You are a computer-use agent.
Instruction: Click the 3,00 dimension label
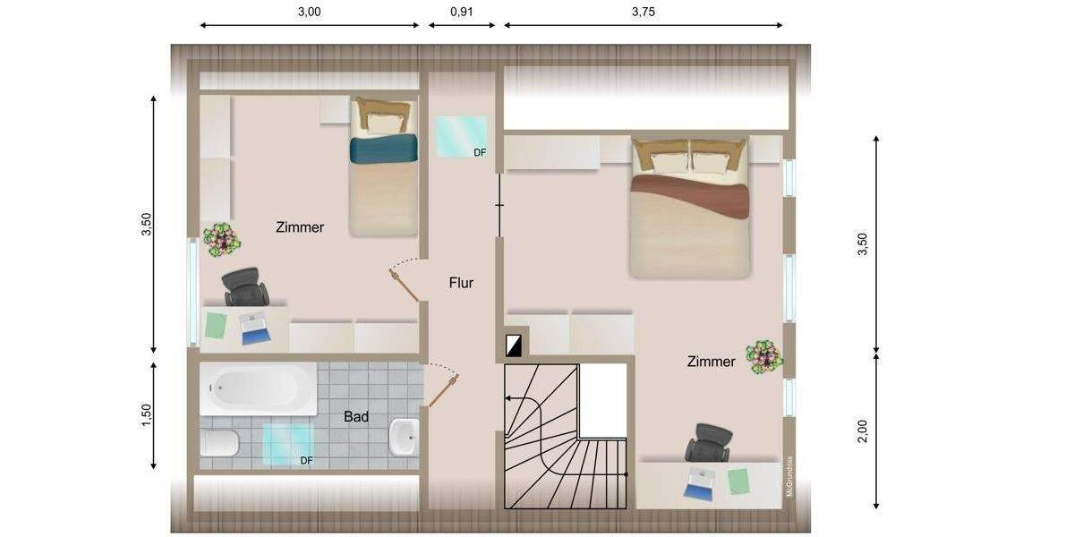pyautogui.click(x=309, y=12)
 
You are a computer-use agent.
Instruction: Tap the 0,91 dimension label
pyautogui.click(x=462, y=12)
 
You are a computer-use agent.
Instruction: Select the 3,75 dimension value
pyautogui.click(x=643, y=12)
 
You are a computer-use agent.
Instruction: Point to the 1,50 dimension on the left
pyautogui.click(x=147, y=415)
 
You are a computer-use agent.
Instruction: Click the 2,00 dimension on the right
pyautogui.click(x=862, y=431)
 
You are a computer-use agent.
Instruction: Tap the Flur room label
pyautogui.click(x=461, y=283)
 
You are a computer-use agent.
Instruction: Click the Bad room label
pyautogui.click(x=355, y=416)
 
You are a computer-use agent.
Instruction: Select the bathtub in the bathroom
pyautogui.click(x=258, y=388)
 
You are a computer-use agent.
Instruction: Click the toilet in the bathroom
pyautogui.click(x=218, y=442)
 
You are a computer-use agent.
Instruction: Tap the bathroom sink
pyautogui.click(x=405, y=437)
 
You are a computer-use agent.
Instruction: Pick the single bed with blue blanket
pyautogui.click(x=384, y=167)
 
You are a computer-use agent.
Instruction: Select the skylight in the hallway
pyautogui.click(x=461, y=136)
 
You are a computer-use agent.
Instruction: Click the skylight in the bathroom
pyautogui.click(x=287, y=444)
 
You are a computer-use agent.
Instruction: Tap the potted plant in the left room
pyautogui.click(x=220, y=240)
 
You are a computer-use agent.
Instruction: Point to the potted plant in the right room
pyautogui.click(x=764, y=356)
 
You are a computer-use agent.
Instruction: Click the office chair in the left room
pyautogui.click(x=245, y=287)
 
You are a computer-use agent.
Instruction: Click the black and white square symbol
pyautogui.click(x=513, y=345)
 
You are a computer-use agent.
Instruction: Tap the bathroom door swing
pyautogui.click(x=443, y=385)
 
